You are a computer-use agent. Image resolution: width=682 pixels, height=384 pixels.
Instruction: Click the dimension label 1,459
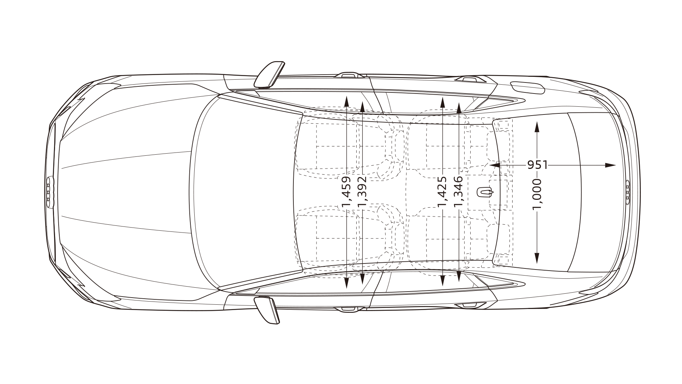(x=346, y=191)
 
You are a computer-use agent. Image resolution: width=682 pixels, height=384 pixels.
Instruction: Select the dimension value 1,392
(x=362, y=191)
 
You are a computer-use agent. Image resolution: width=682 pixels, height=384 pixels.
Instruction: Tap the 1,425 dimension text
(x=442, y=191)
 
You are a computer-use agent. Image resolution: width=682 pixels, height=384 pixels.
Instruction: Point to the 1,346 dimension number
(x=459, y=191)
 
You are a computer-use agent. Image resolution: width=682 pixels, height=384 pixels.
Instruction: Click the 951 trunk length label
(x=537, y=165)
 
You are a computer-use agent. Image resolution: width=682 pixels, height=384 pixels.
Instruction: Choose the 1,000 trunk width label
(x=537, y=194)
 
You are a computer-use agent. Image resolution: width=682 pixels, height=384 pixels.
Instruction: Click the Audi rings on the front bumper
(x=49, y=191)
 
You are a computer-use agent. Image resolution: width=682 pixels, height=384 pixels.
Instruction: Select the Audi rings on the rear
(x=627, y=192)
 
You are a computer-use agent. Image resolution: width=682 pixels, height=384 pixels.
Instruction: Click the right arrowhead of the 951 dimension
(x=610, y=165)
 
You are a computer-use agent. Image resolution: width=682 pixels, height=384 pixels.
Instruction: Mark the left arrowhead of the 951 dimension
(x=495, y=165)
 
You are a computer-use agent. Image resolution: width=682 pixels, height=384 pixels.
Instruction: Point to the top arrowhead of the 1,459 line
(x=346, y=101)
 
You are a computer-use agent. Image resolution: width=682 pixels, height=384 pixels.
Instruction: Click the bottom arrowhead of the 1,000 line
(x=537, y=258)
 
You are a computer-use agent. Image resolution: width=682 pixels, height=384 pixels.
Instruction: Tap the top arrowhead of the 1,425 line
(x=442, y=102)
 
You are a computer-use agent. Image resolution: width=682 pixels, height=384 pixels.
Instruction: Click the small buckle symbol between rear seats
(x=485, y=192)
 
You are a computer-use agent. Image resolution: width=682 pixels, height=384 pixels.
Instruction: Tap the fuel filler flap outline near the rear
(x=527, y=87)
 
